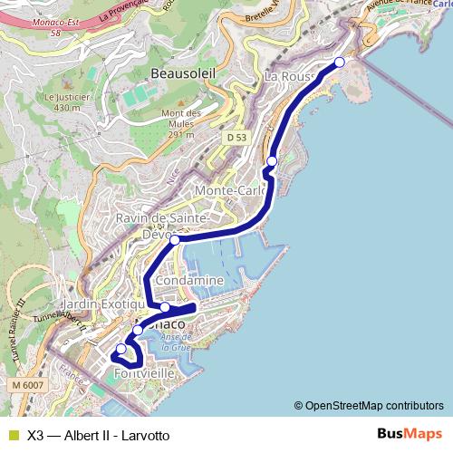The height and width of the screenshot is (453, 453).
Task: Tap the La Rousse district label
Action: [x=291, y=77]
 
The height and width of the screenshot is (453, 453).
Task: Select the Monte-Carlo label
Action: [x=232, y=191]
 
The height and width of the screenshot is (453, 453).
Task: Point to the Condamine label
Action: [x=189, y=281]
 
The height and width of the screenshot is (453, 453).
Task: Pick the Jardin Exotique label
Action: [x=98, y=305]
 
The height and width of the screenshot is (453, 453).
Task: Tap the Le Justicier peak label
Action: [x=61, y=101]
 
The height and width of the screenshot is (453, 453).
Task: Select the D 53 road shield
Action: [x=236, y=137]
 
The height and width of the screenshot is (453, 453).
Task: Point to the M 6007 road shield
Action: [x=29, y=385]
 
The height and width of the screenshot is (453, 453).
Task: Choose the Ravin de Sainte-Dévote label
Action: [x=163, y=226]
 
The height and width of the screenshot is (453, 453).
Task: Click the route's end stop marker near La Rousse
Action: [x=340, y=62]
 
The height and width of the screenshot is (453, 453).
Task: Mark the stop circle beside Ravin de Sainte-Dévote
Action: [x=175, y=240]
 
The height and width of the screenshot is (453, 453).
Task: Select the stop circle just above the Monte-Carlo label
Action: [x=271, y=160]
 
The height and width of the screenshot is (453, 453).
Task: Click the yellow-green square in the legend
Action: [x=12, y=435]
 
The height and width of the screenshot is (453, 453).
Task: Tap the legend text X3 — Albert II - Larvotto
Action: [x=98, y=435]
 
